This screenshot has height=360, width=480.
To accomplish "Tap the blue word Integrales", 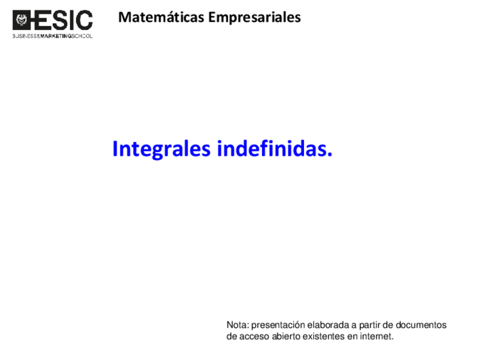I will coord(162,149).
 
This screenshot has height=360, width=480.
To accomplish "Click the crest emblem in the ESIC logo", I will coord(22,21).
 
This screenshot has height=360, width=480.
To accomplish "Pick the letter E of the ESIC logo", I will coord(41,21).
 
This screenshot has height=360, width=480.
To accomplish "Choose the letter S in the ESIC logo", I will coord(59,21).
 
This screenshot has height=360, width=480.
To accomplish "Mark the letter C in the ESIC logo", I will coord(83,21).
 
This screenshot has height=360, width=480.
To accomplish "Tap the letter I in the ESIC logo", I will coord(71,21).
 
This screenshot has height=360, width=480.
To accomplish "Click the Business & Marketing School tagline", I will coord(52,36).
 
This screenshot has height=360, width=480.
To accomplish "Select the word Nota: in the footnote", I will coord(237,325).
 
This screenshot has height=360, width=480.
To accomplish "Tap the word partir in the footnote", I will coord(370,325).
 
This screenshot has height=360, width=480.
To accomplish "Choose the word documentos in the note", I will coord(421,325).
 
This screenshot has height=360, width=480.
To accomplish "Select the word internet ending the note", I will coord(376,337).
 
